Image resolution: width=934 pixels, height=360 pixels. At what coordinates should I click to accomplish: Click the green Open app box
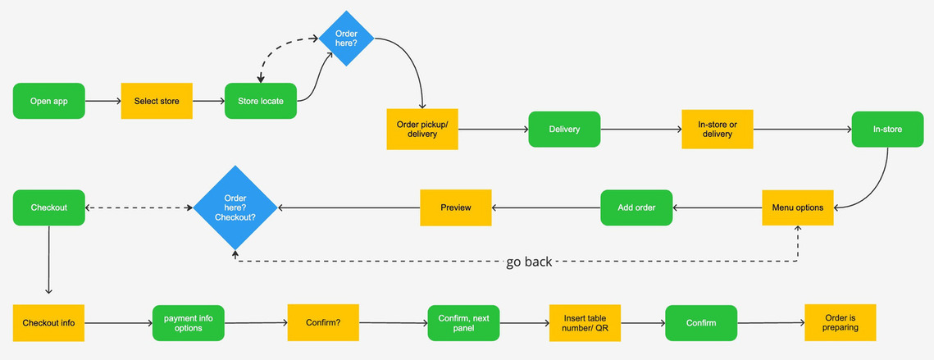click(49, 101)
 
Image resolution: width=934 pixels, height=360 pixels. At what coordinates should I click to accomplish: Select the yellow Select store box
click(157, 101)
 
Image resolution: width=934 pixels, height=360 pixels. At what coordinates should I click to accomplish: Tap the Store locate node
click(260, 101)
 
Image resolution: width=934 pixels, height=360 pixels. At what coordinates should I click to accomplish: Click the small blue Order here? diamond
click(346, 39)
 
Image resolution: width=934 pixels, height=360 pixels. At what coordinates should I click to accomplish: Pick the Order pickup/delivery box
click(422, 130)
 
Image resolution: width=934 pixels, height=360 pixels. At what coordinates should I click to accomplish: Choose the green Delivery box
click(564, 130)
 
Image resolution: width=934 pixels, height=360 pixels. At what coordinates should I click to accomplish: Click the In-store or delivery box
click(718, 130)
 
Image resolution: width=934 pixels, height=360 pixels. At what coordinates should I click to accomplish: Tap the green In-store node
click(887, 130)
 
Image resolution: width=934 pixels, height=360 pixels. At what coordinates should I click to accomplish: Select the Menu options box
click(798, 207)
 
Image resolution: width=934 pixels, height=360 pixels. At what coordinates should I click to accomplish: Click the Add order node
click(636, 207)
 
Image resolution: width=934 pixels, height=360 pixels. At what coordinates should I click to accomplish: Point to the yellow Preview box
click(456, 207)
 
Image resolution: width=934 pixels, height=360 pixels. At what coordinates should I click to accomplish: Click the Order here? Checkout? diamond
click(235, 207)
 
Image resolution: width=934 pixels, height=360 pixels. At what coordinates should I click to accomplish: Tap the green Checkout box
click(49, 207)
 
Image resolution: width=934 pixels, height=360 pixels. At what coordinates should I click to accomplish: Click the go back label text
click(529, 262)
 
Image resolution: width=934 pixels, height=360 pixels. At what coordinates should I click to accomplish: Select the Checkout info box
click(49, 323)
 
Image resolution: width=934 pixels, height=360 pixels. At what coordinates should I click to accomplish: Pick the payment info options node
click(189, 323)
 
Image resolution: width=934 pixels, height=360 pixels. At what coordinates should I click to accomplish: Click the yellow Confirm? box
click(323, 323)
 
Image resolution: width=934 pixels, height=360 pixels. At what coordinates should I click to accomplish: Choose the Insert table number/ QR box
click(585, 323)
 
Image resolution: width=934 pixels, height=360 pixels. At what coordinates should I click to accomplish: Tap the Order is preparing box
click(841, 322)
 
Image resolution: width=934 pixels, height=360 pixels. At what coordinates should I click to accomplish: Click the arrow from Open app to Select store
click(103, 101)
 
